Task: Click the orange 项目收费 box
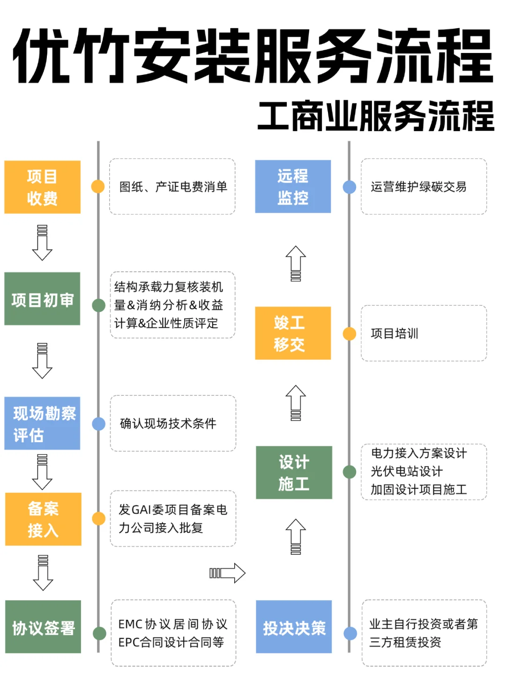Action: click(x=42, y=187)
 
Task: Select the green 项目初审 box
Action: click(x=42, y=299)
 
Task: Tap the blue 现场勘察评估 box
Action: click(x=42, y=423)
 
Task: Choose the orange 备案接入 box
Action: click(x=43, y=519)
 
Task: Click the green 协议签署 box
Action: click(x=43, y=627)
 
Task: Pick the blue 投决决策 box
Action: click(x=294, y=627)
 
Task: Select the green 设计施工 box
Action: click(x=294, y=472)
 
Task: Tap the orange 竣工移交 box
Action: click(x=293, y=333)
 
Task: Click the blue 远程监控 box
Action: click(x=293, y=186)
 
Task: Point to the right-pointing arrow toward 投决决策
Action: click(x=228, y=572)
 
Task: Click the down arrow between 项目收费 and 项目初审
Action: click(x=42, y=243)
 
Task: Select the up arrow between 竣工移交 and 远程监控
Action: click(x=296, y=263)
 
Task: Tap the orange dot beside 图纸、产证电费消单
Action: click(x=98, y=186)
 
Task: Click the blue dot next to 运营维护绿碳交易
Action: click(x=350, y=187)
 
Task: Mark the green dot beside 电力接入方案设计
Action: click(x=350, y=472)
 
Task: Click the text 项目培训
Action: click(x=394, y=334)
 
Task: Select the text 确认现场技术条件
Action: click(x=168, y=423)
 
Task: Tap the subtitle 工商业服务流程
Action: click(x=376, y=116)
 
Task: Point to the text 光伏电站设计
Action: click(x=406, y=471)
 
